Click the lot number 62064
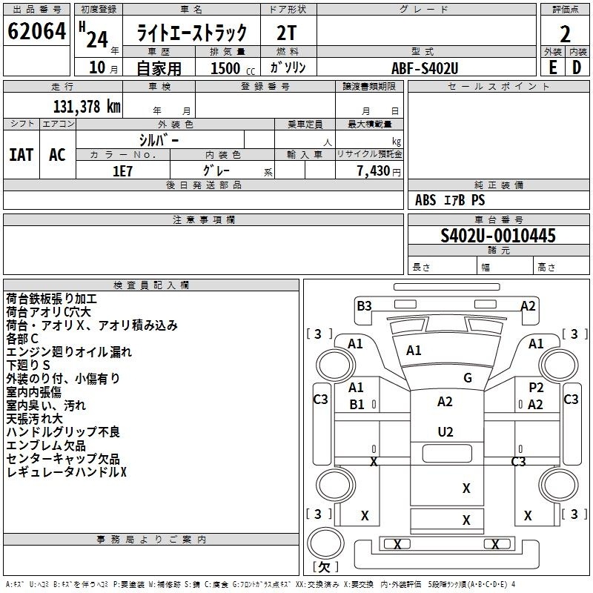36,33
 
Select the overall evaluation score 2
565,34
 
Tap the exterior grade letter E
552,67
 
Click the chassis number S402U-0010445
497,236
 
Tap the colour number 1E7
122,169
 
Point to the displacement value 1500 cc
229,68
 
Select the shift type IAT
21,154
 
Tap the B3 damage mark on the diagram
364,305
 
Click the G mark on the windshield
467,378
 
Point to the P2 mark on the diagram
536,388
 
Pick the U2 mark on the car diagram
445,431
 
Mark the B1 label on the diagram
357,405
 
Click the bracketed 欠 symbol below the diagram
325,566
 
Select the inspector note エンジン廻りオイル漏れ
69,352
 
